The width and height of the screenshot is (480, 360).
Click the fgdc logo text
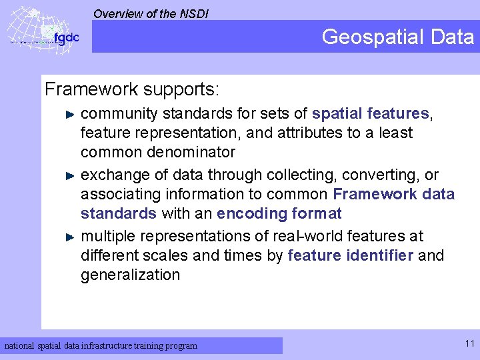66,37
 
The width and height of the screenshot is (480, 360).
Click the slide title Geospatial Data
397,37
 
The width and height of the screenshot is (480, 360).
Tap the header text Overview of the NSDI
151,13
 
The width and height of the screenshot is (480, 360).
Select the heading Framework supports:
131,89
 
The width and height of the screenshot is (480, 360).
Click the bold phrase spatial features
371,113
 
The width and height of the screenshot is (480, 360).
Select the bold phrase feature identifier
351,255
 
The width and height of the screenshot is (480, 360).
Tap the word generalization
130,275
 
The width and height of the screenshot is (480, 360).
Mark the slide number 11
469,344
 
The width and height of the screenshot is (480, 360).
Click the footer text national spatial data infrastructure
101,345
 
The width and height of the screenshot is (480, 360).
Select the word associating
119,194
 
